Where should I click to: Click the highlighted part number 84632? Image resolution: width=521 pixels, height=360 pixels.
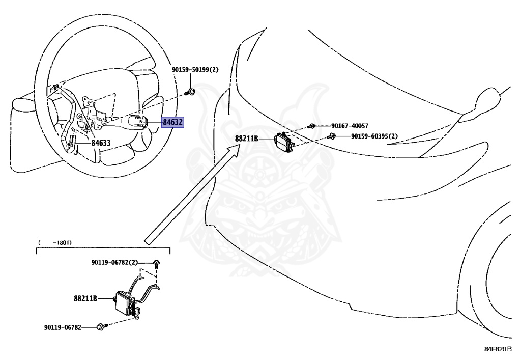click(x=173, y=122)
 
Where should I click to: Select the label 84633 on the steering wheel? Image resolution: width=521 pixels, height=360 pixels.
click(x=101, y=143)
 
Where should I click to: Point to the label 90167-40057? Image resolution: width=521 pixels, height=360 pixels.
click(x=350, y=126)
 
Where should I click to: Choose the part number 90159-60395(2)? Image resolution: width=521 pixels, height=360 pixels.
click(x=374, y=136)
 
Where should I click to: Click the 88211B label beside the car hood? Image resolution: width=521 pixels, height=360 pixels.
click(x=246, y=138)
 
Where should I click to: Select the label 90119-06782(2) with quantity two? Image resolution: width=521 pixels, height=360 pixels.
click(x=114, y=262)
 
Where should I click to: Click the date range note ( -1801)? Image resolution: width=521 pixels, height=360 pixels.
click(x=55, y=242)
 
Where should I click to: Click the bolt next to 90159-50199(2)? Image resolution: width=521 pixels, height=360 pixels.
click(x=192, y=92)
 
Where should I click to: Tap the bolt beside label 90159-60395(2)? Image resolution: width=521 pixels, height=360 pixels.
click(x=332, y=136)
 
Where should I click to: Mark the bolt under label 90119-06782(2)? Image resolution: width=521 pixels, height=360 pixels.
click(x=157, y=263)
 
